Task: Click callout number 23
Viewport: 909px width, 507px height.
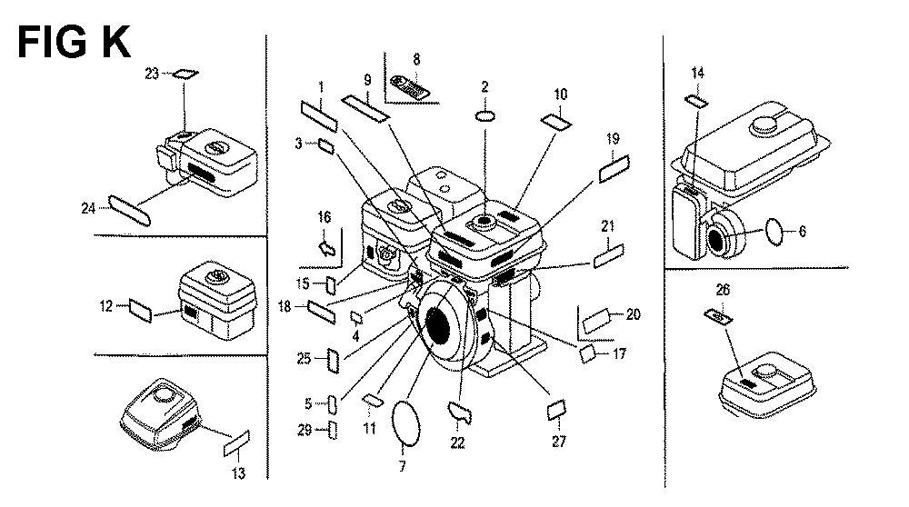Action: (151, 75)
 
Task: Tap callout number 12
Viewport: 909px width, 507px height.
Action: (105, 306)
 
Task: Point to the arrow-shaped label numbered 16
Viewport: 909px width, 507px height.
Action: (325, 244)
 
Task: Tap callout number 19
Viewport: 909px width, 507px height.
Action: (613, 139)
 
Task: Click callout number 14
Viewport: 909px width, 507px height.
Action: (697, 73)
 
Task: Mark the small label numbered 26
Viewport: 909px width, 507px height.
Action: (718, 315)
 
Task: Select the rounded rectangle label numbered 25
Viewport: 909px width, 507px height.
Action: (333, 360)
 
